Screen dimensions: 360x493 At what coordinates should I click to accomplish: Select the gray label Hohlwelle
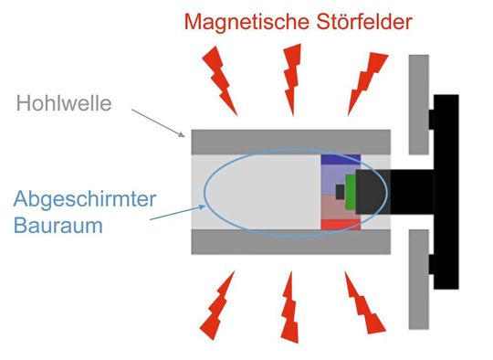pos(64,104)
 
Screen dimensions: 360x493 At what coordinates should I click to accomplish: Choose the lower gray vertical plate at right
pos(419,279)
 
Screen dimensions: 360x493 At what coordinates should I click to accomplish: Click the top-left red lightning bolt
pos(219,77)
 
